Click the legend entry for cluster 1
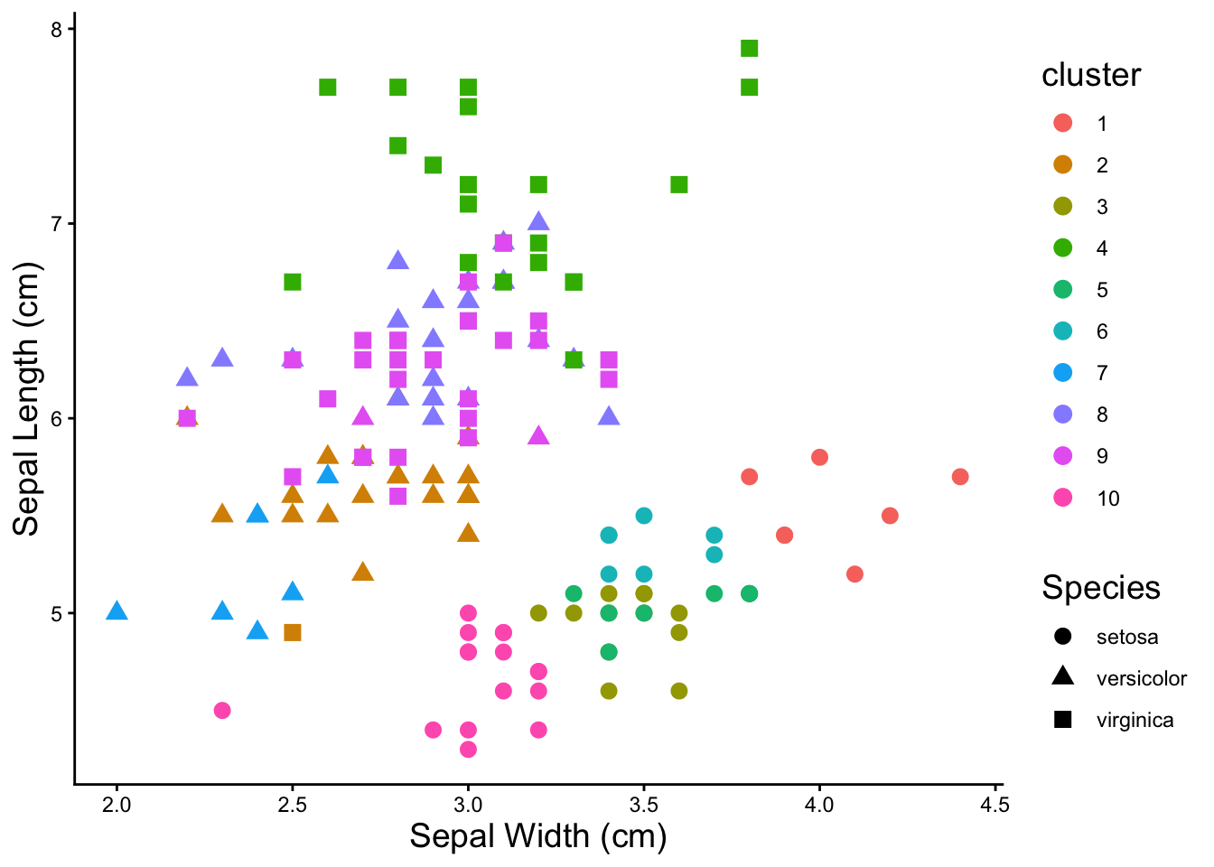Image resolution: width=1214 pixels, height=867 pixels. pos(1063,124)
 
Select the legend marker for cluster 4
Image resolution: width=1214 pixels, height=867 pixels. pos(1063,248)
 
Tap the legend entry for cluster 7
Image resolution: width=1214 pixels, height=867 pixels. pos(1063,373)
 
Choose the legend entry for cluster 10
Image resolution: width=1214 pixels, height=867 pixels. pos(1063,498)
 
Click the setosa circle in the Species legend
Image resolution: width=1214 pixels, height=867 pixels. pos(1063,637)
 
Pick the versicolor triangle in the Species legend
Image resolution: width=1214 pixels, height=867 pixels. pos(1063,677)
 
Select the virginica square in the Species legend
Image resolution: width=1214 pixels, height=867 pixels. pos(1063,720)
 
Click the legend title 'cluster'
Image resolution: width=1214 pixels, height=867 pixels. pos(1091,75)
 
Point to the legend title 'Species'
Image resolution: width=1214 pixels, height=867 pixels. pos(1100,588)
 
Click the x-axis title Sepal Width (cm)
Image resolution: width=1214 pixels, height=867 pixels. pos(538,836)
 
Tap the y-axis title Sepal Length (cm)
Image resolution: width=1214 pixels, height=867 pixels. pos(27,399)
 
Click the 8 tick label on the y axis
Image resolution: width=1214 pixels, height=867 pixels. pos(56,30)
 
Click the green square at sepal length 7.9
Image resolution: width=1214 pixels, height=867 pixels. pos(749,48)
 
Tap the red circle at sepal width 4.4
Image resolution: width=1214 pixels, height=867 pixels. pos(960,476)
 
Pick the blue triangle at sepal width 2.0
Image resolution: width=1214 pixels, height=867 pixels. pos(117,611)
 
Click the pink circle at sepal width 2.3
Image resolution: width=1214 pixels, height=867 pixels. pos(222,710)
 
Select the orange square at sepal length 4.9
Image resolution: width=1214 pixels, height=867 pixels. pos(292,632)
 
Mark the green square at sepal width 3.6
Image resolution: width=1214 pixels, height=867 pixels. pos(679,184)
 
